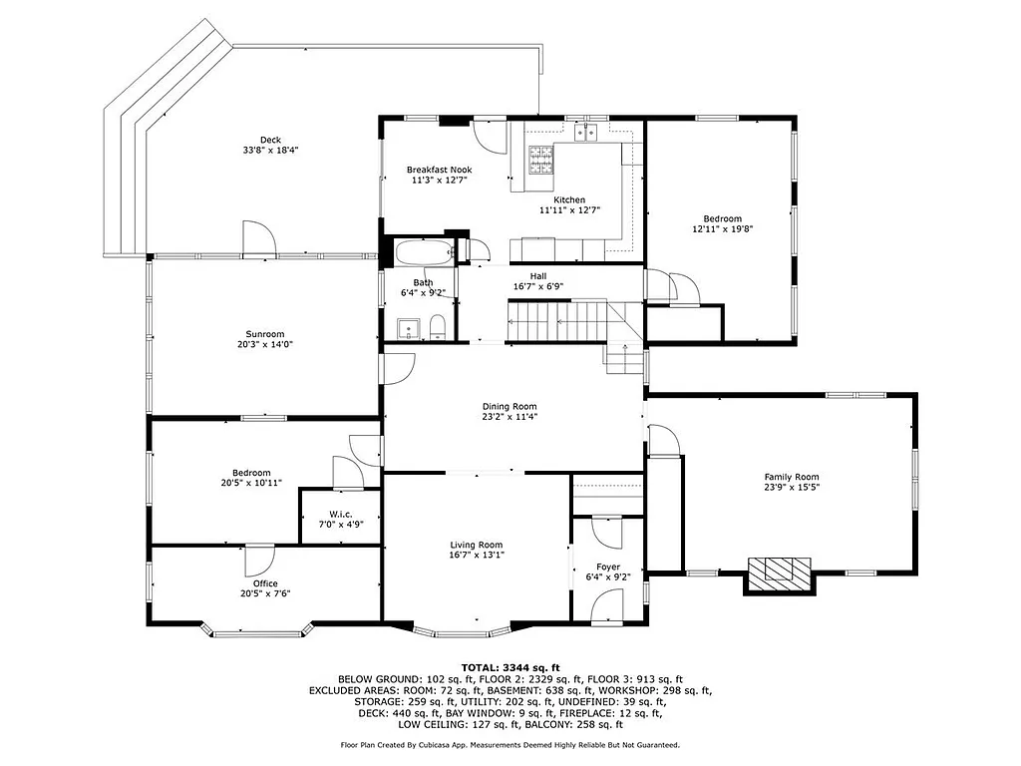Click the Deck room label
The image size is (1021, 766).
click(x=270, y=140)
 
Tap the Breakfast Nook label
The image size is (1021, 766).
click(x=439, y=170)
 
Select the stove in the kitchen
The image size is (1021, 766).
click(x=540, y=156)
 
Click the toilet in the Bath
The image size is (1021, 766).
click(x=438, y=326)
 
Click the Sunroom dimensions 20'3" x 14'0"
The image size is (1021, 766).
click(x=265, y=345)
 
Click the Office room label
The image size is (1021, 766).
click(x=265, y=583)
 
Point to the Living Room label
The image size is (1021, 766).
click(x=477, y=545)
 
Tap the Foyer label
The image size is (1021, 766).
click(x=608, y=568)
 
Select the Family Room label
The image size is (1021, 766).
click(x=792, y=477)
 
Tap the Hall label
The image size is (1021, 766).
click(x=537, y=276)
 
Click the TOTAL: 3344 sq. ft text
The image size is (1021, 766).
click(x=510, y=667)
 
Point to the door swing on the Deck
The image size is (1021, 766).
click(x=259, y=238)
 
